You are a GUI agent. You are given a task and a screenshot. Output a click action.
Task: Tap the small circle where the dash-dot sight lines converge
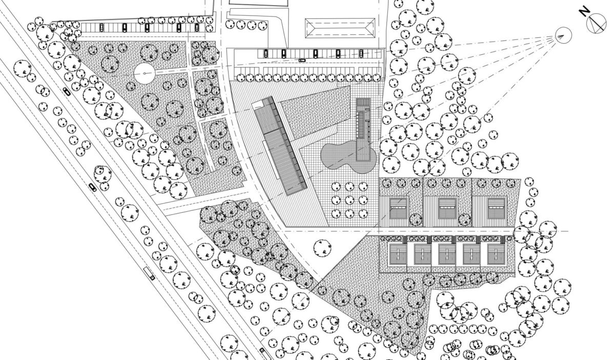tap(562, 35)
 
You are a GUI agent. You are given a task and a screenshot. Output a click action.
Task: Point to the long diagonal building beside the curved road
tap(280, 146)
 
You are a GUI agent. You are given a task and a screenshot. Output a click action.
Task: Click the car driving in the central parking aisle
tap(302, 61)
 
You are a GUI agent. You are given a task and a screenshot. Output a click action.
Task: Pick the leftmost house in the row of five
tap(398, 253)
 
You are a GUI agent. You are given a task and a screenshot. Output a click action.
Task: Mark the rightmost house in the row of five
tap(496, 253)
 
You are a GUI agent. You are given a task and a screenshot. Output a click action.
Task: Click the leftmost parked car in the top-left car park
tap(101, 27)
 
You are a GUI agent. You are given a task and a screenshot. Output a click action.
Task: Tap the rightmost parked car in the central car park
tap(361, 53)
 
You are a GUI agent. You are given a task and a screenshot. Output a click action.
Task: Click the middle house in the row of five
tap(447, 253)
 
